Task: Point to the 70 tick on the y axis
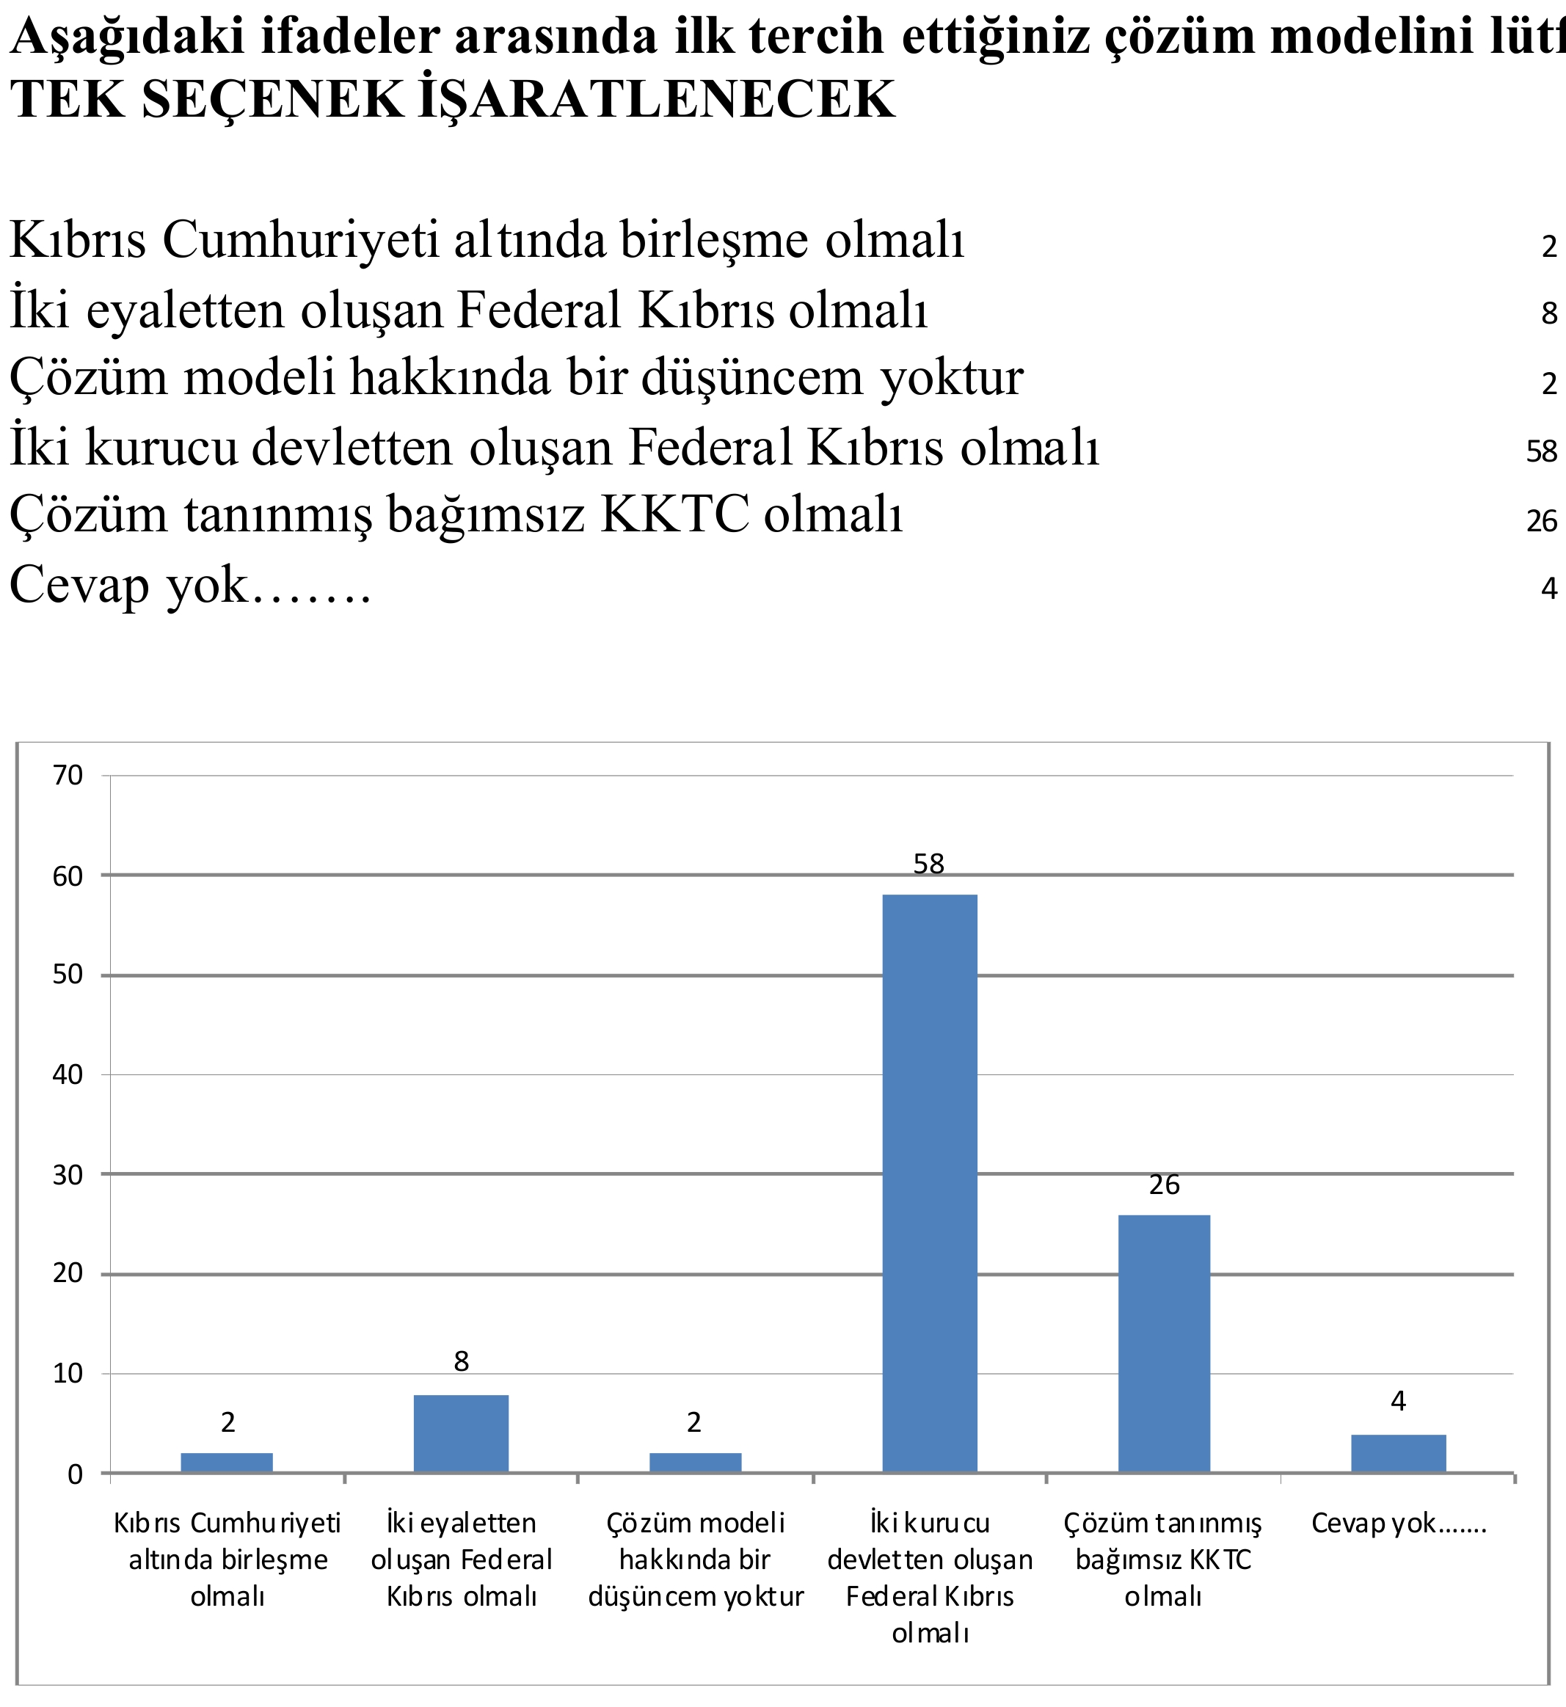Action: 68,775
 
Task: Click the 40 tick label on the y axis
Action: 68,1074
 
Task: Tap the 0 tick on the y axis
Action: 76,1475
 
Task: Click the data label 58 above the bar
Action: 929,864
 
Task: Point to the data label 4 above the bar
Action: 1398,1401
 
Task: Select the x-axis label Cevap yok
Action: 1398,1523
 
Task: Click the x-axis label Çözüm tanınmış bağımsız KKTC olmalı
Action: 1163,1559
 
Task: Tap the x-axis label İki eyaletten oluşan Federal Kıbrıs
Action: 461,1559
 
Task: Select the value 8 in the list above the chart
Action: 1549,313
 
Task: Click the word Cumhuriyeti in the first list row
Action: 301,240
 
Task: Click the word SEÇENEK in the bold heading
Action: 274,99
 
